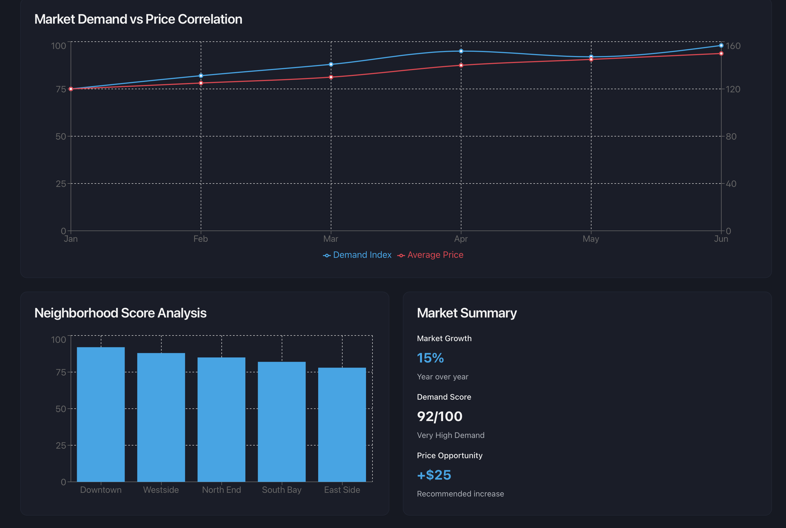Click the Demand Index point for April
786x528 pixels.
461,51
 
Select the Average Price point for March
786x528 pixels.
331,77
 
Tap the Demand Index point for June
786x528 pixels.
721,46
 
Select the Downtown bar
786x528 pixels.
101,414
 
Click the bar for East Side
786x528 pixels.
342,424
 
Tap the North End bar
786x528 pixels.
221,419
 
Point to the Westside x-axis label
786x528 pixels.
161,490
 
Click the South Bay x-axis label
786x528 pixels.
282,490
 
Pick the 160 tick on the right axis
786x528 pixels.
733,46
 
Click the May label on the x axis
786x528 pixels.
591,239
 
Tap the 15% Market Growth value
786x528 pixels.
430,358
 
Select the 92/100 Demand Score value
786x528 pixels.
439,417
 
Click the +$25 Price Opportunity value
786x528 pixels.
434,475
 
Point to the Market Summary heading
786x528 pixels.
467,313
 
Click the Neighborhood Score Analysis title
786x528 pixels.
120,313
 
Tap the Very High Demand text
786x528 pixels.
451,435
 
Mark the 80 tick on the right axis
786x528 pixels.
731,137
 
